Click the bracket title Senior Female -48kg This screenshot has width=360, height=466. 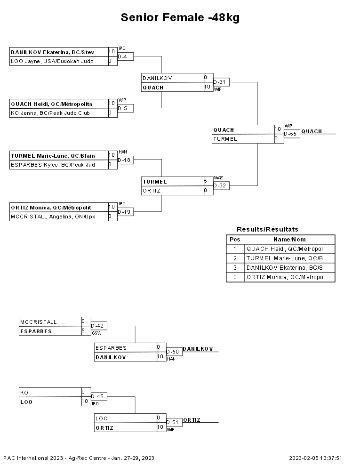(180, 17)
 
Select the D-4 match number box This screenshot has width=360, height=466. (125, 56)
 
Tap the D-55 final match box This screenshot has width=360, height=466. (292, 134)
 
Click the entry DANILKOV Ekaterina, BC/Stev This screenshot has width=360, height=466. (53, 52)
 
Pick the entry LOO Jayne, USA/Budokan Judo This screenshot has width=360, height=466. (52, 61)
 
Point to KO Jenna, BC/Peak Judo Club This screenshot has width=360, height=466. (50, 113)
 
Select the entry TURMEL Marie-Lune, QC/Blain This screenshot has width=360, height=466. (53, 156)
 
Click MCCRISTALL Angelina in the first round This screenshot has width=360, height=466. (53, 217)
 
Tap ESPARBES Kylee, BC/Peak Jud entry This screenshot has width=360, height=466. (53, 165)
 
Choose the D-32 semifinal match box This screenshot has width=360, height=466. (221, 186)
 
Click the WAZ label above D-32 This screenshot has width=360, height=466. (218, 178)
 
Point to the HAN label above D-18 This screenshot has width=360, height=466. (123, 152)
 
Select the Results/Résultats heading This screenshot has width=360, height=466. (267, 229)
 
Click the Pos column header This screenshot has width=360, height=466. (235, 240)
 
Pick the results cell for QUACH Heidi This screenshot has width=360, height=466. (289, 249)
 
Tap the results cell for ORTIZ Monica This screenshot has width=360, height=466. (289, 277)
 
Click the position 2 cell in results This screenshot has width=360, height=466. (235, 258)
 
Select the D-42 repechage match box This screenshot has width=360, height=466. (99, 326)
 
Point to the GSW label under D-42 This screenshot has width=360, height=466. (96, 333)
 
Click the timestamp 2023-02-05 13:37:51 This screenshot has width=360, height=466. (315, 458)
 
